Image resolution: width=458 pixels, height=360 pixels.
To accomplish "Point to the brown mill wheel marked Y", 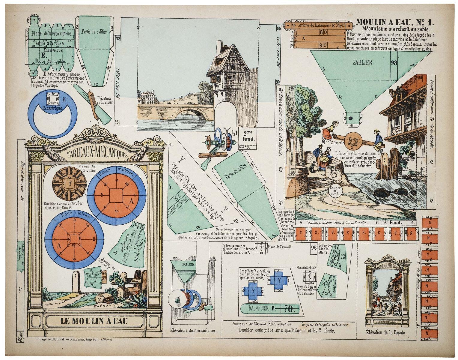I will (x=70, y=183).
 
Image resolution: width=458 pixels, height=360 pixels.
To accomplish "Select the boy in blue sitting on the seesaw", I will (x=378, y=140).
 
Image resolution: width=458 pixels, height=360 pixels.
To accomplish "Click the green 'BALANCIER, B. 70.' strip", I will (x=270, y=308).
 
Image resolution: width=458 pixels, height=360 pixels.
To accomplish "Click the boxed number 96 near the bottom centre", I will (x=314, y=248).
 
